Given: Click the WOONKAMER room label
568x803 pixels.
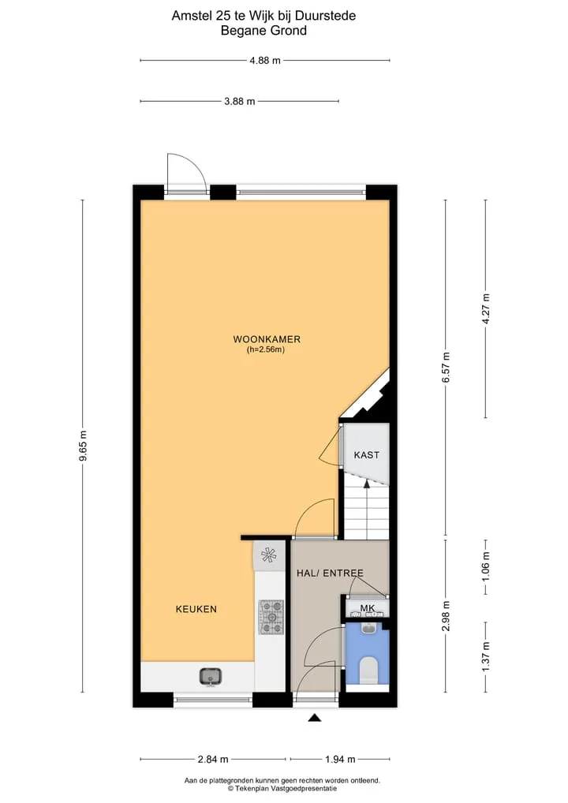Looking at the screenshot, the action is [267, 339].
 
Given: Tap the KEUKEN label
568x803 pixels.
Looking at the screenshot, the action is [196, 609].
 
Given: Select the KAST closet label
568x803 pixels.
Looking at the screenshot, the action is [367, 455].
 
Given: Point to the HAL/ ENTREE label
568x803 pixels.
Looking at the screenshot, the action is [330, 573].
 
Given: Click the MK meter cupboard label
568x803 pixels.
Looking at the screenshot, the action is [368, 608].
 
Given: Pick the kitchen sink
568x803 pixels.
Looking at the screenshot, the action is [210, 677].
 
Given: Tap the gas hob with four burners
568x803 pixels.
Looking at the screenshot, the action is [271, 617].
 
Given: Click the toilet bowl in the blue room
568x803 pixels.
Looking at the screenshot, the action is [368, 670].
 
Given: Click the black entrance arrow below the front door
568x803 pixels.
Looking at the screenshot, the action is [315, 718].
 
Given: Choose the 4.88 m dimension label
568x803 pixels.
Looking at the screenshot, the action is [265, 61].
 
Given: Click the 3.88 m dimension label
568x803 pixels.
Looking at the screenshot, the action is [239, 102].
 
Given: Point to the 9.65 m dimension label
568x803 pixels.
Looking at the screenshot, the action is [83, 446].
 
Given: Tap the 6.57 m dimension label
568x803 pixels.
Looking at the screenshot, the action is [446, 368].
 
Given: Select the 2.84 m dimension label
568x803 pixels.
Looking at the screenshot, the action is [213, 759].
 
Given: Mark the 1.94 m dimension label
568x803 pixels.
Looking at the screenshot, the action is [340, 759].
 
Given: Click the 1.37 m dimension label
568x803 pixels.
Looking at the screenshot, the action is [486, 657].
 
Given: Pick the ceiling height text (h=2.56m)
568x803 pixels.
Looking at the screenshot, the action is [266, 350].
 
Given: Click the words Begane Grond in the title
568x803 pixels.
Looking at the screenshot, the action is [263, 31].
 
